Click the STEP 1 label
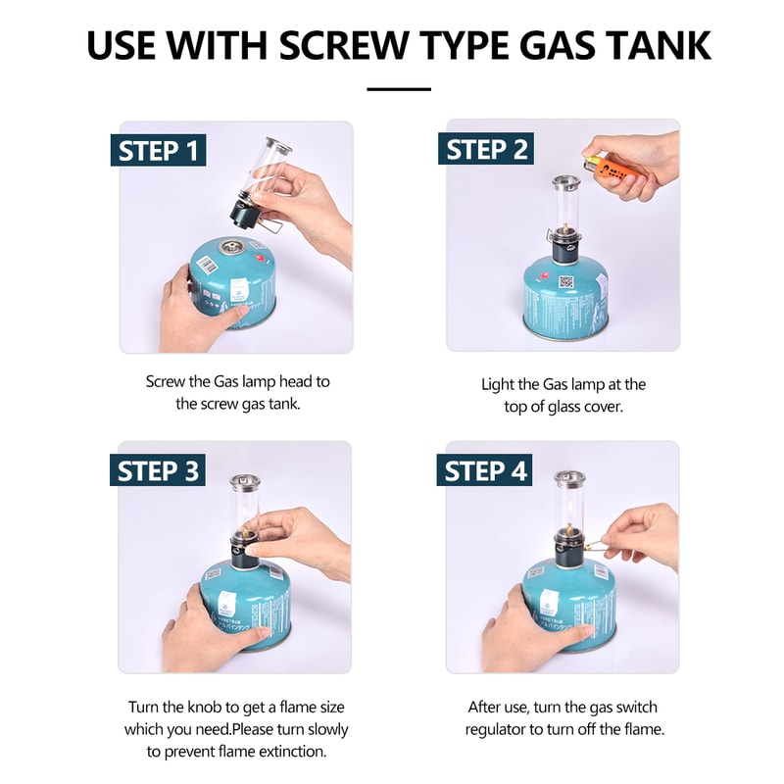[x=158, y=151]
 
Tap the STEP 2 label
[x=487, y=150]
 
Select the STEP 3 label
[x=158, y=470]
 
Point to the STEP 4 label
[x=486, y=470]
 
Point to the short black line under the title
[x=399, y=89]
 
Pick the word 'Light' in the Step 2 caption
[x=498, y=385]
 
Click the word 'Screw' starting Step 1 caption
[x=166, y=381]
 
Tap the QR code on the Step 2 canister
[x=564, y=280]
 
